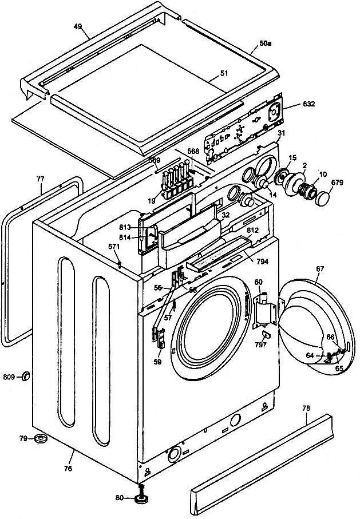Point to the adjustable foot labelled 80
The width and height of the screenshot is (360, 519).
(x=140, y=497)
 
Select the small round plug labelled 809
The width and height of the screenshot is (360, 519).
(x=26, y=376)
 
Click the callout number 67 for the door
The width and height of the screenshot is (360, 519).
(x=319, y=268)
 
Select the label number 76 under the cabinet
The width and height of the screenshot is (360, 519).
(x=68, y=453)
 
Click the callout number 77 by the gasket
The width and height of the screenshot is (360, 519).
(x=39, y=179)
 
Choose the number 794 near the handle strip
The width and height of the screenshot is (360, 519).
(x=262, y=262)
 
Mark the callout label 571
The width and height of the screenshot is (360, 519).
(x=114, y=246)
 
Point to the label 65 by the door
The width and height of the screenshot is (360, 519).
(x=339, y=370)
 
